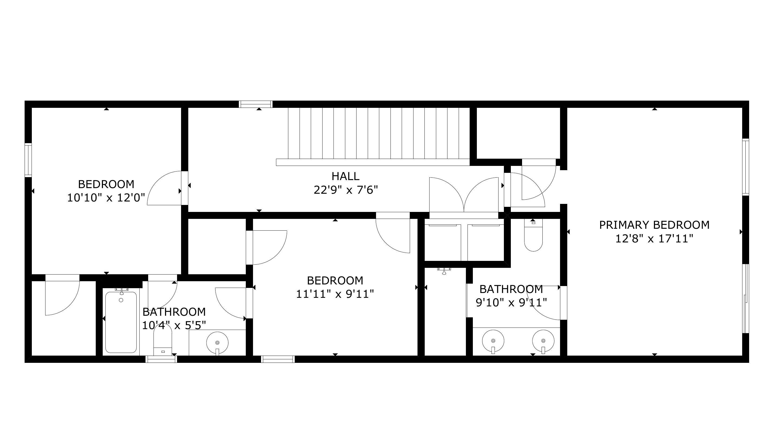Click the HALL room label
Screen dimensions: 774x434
click(x=345, y=176)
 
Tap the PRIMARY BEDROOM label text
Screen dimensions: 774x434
click(x=654, y=225)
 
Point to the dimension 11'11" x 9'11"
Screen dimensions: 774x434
click(x=335, y=294)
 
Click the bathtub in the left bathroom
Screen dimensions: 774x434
click(x=121, y=322)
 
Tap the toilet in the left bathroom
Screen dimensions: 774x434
click(x=163, y=340)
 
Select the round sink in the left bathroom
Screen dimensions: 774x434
click(x=217, y=343)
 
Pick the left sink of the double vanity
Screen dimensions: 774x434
click(x=493, y=341)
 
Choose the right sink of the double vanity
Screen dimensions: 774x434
click(x=543, y=341)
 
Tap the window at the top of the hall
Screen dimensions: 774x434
click(x=256, y=104)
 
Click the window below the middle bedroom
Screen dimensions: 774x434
click(x=278, y=359)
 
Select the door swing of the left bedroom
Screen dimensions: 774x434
click(x=164, y=188)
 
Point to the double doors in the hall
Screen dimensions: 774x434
click(x=464, y=195)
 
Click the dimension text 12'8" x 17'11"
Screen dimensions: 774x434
click(x=654, y=239)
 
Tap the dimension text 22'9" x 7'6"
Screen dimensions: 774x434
click(x=346, y=190)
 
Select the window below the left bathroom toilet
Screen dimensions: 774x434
click(x=161, y=359)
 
